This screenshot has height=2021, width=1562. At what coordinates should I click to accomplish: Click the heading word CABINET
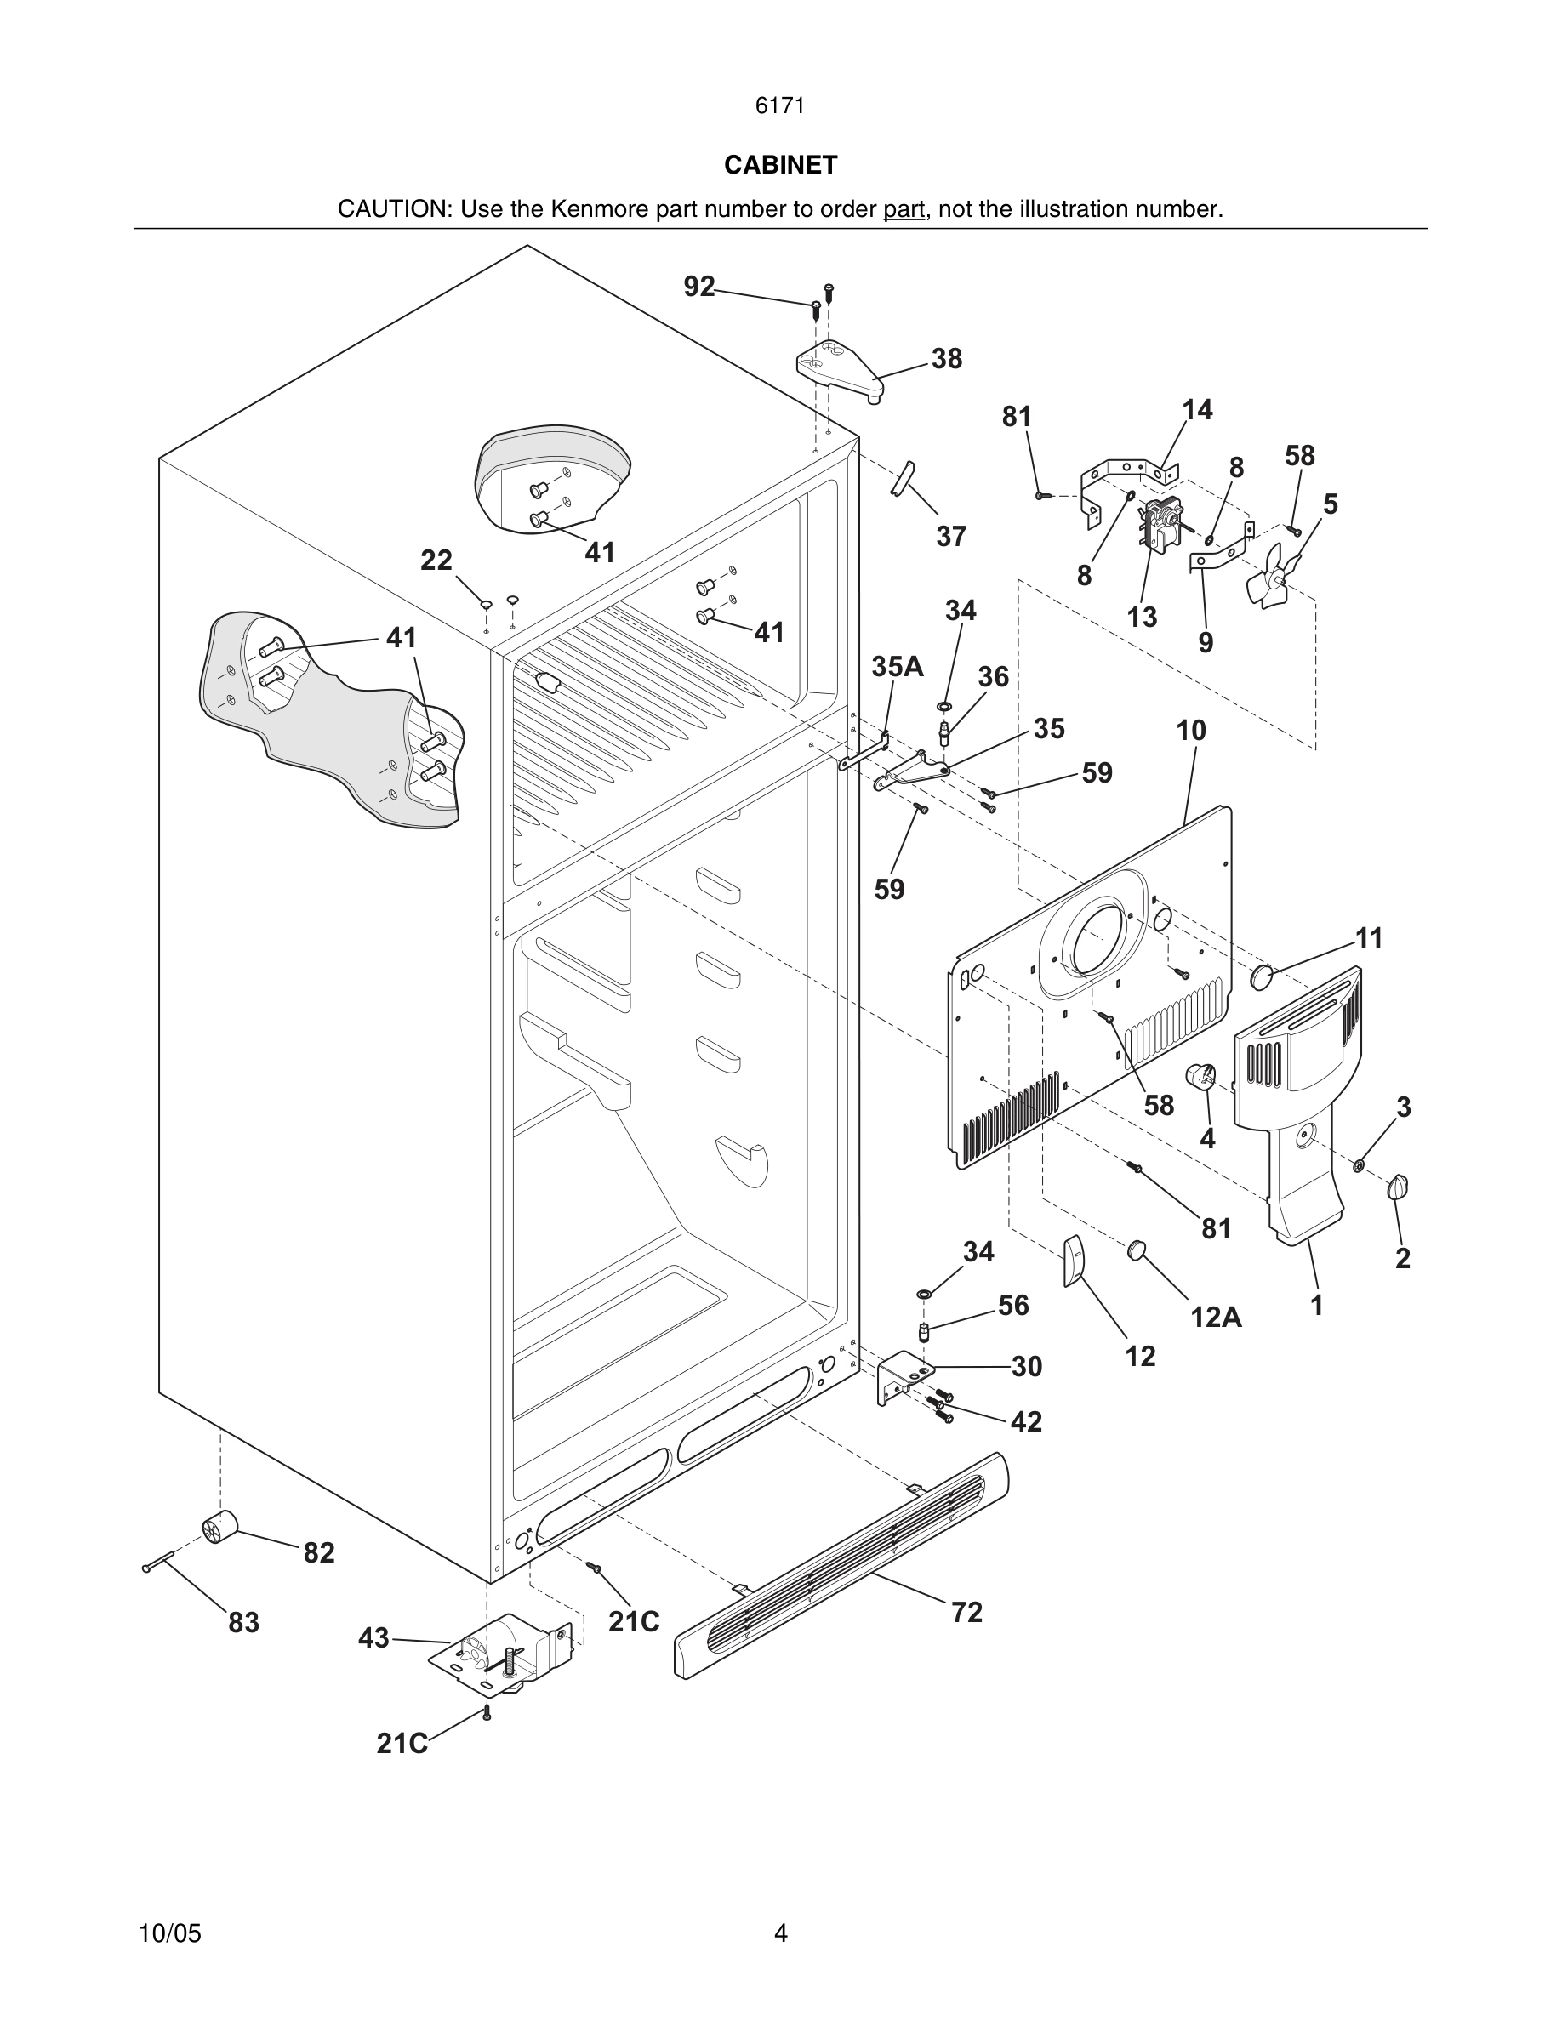pyautogui.click(x=780, y=165)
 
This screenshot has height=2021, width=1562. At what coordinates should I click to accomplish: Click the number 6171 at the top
pyautogui.click(x=780, y=106)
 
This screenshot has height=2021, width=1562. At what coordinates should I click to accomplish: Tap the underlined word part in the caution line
pyautogui.click(x=904, y=209)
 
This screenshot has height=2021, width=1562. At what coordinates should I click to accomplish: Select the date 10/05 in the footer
pyautogui.click(x=169, y=1933)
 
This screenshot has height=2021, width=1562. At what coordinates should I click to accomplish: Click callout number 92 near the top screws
pyautogui.click(x=698, y=287)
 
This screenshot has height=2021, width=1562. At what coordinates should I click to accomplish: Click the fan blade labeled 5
pyautogui.click(x=1274, y=578)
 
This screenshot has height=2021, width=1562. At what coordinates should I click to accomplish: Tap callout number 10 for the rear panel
pyautogui.click(x=1191, y=730)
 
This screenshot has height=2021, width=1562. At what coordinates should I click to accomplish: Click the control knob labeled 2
pyautogui.click(x=1398, y=1187)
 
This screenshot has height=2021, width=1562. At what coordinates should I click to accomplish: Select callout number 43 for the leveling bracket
pyautogui.click(x=373, y=1638)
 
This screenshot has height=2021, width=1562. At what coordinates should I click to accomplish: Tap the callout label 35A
pyautogui.click(x=897, y=666)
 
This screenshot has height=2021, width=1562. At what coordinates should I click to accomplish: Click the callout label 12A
pyautogui.click(x=1216, y=1316)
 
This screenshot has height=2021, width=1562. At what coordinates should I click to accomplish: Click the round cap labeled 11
pyautogui.click(x=1262, y=977)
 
